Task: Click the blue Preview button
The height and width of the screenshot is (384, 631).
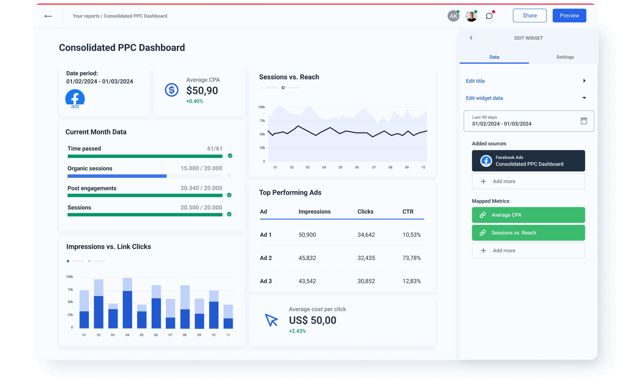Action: point(569,16)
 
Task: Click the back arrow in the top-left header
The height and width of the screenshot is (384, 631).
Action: point(48,16)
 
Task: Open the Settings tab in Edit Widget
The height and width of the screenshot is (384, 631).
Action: point(565,57)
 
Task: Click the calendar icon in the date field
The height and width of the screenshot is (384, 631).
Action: point(584,121)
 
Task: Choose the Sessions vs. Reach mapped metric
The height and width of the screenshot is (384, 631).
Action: point(528,233)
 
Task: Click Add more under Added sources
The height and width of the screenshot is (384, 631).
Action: point(528,181)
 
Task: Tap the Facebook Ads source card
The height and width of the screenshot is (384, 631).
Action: point(528,161)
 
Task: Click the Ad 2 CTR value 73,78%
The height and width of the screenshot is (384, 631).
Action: point(411,258)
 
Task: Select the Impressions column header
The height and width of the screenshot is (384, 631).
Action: point(314,212)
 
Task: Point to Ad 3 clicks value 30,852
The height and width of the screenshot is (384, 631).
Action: point(366,281)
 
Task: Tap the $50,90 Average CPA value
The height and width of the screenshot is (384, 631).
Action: point(202,91)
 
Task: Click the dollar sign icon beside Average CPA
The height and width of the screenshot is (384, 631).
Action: point(171,90)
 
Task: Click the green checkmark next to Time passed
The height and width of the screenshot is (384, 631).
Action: point(230,156)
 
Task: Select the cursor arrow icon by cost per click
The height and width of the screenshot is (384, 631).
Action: point(271,320)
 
